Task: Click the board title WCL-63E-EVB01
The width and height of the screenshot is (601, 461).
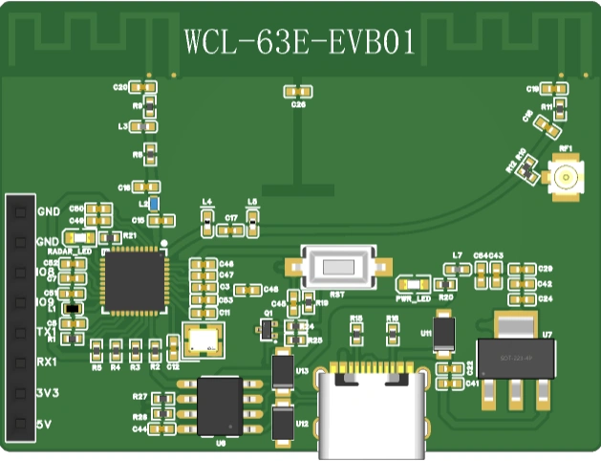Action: [x=299, y=42]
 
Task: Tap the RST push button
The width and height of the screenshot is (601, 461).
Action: [x=337, y=268]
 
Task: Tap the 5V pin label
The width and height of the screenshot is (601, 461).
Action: [x=44, y=424]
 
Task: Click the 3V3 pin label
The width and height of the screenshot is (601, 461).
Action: [x=47, y=393]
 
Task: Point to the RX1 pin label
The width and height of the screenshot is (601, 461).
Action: [x=46, y=362]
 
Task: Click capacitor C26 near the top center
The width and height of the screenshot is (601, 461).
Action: [x=298, y=91]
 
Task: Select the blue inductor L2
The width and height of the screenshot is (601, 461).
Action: [x=153, y=204]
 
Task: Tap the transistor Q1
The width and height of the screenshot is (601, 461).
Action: [x=267, y=329]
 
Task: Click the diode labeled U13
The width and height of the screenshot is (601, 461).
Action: [x=282, y=369]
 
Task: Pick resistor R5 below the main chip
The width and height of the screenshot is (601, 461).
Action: [x=97, y=350]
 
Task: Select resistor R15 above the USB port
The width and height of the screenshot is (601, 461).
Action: [x=356, y=333]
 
